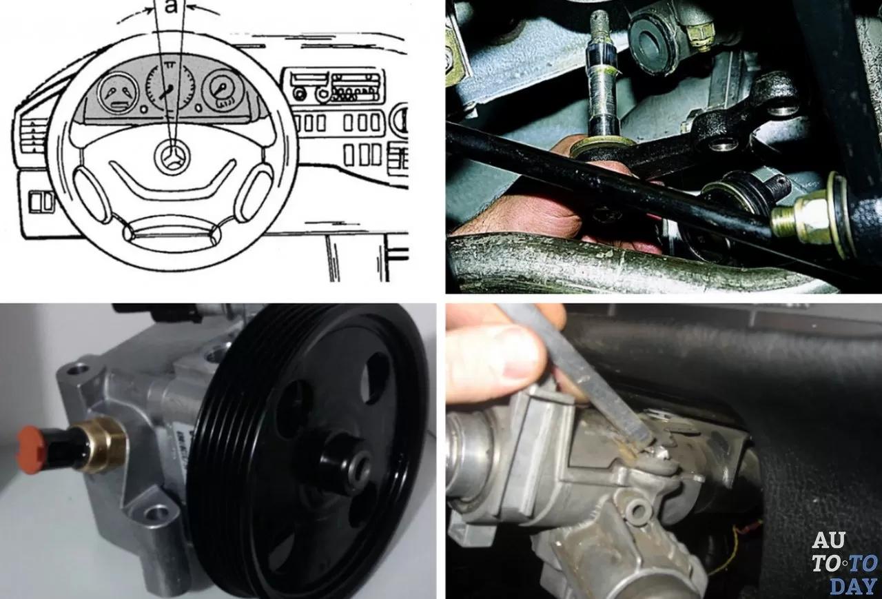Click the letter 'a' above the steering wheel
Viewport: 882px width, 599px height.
[x=172, y=6]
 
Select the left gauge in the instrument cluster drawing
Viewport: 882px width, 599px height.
[x=118, y=94]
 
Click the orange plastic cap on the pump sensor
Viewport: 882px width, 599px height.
[x=32, y=449]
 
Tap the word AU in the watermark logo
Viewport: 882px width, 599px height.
[x=828, y=540]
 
